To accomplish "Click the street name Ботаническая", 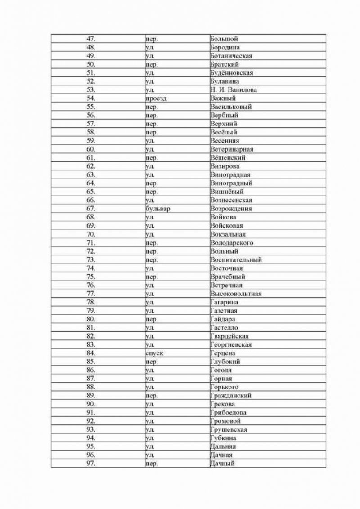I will [x=231, y=56].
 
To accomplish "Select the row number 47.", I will [x=90, y=39].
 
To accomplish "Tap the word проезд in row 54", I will [x=156, y=98].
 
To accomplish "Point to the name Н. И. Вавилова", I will [x=234, y=90].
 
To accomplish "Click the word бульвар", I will [x=158, y=209].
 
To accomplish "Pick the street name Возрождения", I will [x=231, y=209].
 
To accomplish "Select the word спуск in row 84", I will [x=154, y=353].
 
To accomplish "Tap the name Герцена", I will [x=223, y=353].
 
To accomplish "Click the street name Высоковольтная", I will [x=236, y=294].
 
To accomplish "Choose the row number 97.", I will [x=90, y=464].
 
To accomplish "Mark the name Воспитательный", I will [x=236, y=260].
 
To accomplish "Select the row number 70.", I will [x=90, y=234].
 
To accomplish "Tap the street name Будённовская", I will [x=231, y=73].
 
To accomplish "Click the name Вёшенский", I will [x=228, y=158].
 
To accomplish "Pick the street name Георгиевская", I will [x=231, y=345].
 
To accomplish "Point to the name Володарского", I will [x=232, y=243].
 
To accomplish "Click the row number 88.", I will [x=90, y=387].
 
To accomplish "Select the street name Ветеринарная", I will [x=231, y=149].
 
